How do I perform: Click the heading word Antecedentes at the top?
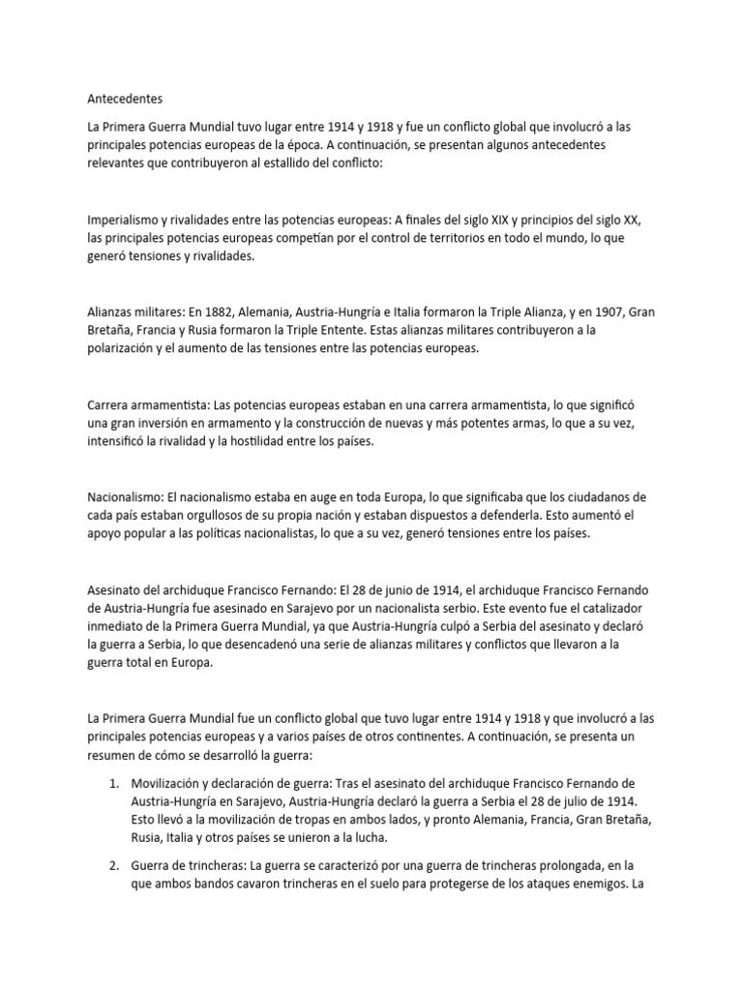coord(125,99)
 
